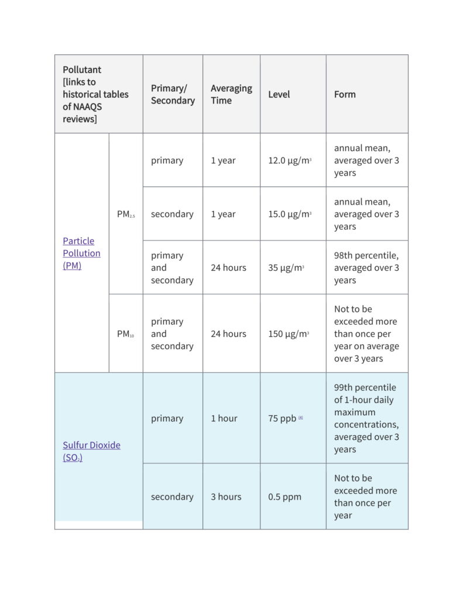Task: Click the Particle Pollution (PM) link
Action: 81,253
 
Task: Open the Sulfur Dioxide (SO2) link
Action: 91,451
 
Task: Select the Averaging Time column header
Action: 231,94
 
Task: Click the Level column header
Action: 279,94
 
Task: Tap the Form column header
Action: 345,94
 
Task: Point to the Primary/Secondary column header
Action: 173,94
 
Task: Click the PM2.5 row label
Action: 125,214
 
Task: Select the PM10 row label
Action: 125,334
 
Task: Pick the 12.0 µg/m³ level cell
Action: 289,161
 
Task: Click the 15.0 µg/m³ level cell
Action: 289,214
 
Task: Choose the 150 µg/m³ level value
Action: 288,334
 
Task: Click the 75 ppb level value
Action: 282,419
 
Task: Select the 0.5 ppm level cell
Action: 284,497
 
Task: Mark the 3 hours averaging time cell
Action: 226,497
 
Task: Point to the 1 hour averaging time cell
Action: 224,419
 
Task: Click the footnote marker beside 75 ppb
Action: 301,418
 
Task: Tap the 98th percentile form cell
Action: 366,268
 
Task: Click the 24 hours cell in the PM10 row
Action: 228,334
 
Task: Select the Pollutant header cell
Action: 95,94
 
